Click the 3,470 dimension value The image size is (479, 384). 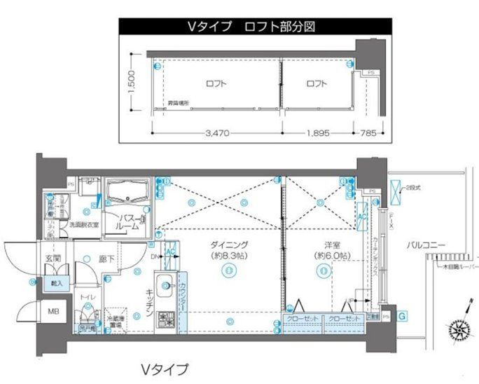point(216,134)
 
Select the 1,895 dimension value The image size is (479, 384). point(317,134)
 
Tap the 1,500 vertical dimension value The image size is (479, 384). point(131,84)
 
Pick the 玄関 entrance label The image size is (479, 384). point(55,259)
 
